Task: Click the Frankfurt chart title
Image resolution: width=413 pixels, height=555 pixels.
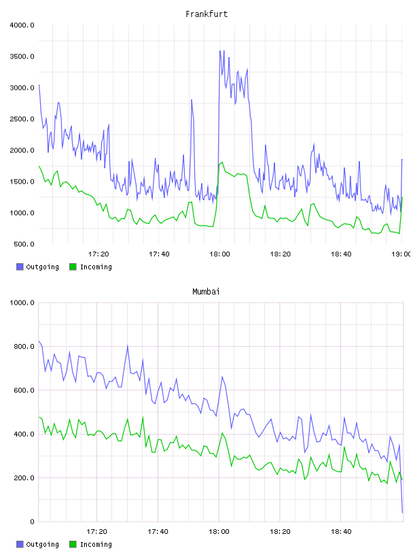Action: pos(206,14)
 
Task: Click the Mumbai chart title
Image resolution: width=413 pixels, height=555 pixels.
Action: pos(206,291)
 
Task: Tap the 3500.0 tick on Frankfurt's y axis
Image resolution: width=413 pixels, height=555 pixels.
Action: pos(22,56)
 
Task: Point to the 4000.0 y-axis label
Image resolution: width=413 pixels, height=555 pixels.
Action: pos(22,25)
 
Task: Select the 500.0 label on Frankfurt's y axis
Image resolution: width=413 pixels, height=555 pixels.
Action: pos(24,244)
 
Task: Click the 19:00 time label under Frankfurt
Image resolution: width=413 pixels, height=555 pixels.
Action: pos(401,254)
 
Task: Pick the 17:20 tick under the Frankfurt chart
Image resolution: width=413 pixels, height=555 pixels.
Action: pos(98,254)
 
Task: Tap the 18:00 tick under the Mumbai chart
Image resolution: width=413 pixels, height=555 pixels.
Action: pos(219,532)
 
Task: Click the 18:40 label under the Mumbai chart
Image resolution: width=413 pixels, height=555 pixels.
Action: pos(341,532)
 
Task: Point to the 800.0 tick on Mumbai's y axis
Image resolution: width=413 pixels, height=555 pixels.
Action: pos(24,346)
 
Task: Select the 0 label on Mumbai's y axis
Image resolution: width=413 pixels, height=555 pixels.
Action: pos(32,522)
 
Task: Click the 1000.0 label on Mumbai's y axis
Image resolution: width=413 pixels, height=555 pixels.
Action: pos(22,303)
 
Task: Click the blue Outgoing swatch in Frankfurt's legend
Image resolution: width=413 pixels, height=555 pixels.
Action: pos(20,267)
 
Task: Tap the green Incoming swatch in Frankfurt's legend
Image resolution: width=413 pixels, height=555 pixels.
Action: pos(73,267)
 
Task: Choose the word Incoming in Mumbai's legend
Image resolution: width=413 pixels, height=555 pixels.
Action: pos(96,544)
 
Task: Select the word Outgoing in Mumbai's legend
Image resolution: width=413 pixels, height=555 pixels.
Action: pos(42,544)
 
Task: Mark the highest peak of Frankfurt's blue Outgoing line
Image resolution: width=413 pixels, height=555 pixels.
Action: pos(220,50)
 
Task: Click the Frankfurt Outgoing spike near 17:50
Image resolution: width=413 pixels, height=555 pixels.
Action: pos(192,100)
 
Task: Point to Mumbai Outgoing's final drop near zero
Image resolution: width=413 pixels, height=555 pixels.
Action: pos(402,512)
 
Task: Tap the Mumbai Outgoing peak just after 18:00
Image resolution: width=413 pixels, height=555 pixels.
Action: pos(222,377)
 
